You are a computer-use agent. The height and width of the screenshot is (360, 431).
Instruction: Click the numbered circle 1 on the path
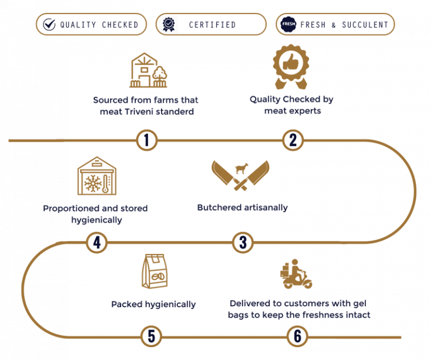click(x=147, y=140)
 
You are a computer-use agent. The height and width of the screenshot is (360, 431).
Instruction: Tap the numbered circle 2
click(x=293, y=140)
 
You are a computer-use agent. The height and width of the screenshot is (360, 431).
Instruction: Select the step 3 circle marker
click(x=243, y=242)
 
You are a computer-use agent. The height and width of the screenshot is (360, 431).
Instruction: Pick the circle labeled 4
click(x=97, y=242)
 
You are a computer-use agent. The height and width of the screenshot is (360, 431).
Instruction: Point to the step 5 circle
click(x=152, y=336)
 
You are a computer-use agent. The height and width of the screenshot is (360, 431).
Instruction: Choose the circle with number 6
click(x=297, y=336)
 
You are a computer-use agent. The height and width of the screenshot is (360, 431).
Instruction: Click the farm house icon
click(x=148, y=70)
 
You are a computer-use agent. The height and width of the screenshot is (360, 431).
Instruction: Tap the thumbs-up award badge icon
click(x=291, y=67)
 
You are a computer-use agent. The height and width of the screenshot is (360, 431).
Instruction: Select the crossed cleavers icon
click(x=241, y=176)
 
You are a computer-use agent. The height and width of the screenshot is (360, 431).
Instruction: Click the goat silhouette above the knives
click(x=242, y=169)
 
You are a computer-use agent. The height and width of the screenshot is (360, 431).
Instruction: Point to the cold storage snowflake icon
click(x=97, y=176)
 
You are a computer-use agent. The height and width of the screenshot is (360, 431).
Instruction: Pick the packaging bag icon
click(x=154, y=271)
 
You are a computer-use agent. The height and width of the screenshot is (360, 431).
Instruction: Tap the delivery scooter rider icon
click(x=296, y=274)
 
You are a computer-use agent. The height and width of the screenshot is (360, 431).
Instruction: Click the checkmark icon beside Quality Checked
click(x=49, y=25)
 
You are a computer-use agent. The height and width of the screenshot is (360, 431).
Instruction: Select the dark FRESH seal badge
click(x=288, y=24)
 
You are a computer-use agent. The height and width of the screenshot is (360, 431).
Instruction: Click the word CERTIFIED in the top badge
click(x=212, y=25)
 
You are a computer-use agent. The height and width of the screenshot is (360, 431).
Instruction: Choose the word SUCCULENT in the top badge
click(x=365, y=25)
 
